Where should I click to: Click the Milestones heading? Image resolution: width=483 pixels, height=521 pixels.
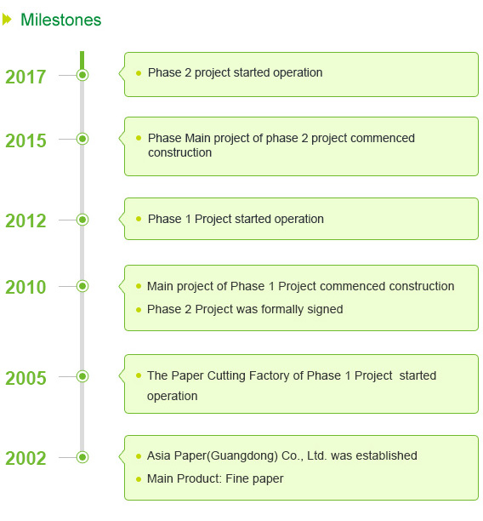[60, 20]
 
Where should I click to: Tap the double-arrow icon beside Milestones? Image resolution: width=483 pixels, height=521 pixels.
[7, 20]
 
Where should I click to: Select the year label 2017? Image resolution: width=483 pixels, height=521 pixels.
[26, 77]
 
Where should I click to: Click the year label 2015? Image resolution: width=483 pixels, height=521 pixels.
[26, 140]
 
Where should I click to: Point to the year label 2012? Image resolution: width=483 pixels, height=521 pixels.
[26, 221]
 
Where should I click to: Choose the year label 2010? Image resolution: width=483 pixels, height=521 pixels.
[26, 287]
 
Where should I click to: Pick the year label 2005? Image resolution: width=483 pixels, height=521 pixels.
[26, 378]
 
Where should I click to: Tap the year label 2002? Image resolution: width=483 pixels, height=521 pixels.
[26, 458]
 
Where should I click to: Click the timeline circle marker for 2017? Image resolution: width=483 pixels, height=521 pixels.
[82, 75]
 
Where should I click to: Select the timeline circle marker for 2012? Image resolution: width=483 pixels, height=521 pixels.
[82, 220]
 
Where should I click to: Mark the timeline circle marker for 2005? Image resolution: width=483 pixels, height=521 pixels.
[82, 376]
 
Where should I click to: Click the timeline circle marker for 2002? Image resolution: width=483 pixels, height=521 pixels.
[82, 457]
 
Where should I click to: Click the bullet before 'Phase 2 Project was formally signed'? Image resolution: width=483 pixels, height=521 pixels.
[139, 310]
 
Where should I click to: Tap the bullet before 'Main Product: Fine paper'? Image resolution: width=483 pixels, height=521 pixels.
[139, 479]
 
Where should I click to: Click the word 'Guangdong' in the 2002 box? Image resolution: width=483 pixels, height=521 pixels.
[244, 456]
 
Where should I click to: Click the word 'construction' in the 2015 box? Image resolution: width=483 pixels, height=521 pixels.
[180, 153]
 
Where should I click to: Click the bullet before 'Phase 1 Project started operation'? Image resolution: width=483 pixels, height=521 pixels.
[139, 219]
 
